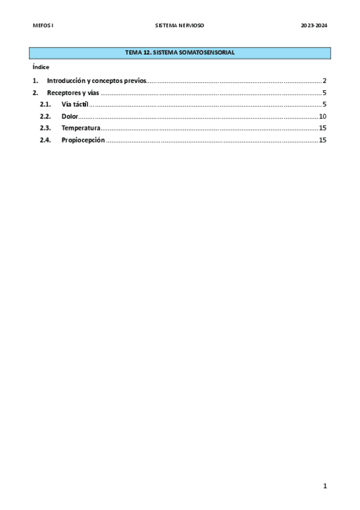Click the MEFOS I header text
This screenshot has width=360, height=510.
pos(43,26)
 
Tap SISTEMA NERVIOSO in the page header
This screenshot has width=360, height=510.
pos(180,26)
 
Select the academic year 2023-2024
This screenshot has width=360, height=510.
pos(314,26)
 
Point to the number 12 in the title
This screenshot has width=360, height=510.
pos(147,53)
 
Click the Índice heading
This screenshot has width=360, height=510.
pos(41,67)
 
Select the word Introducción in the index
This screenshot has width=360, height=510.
pos(66,81)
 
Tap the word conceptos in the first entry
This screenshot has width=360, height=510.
pos(114,81)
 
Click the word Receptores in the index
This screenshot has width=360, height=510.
pos(63,93)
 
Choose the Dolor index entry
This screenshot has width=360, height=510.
pos(70,116)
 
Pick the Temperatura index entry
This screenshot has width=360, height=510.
pos(81,128)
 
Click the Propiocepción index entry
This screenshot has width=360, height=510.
pos(83,140)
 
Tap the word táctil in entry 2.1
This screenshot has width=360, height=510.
pos(81,105)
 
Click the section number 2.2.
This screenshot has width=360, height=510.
pos(45,116)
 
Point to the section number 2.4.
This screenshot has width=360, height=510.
pos(45,140)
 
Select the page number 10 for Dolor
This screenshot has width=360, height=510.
pos(323,116)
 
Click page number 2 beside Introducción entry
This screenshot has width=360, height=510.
pos(325,81)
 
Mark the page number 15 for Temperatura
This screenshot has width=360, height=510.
pos(323,128)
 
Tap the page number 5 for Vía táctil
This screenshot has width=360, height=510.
pos(325,105)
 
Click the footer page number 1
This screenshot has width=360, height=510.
pos(325,486)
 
